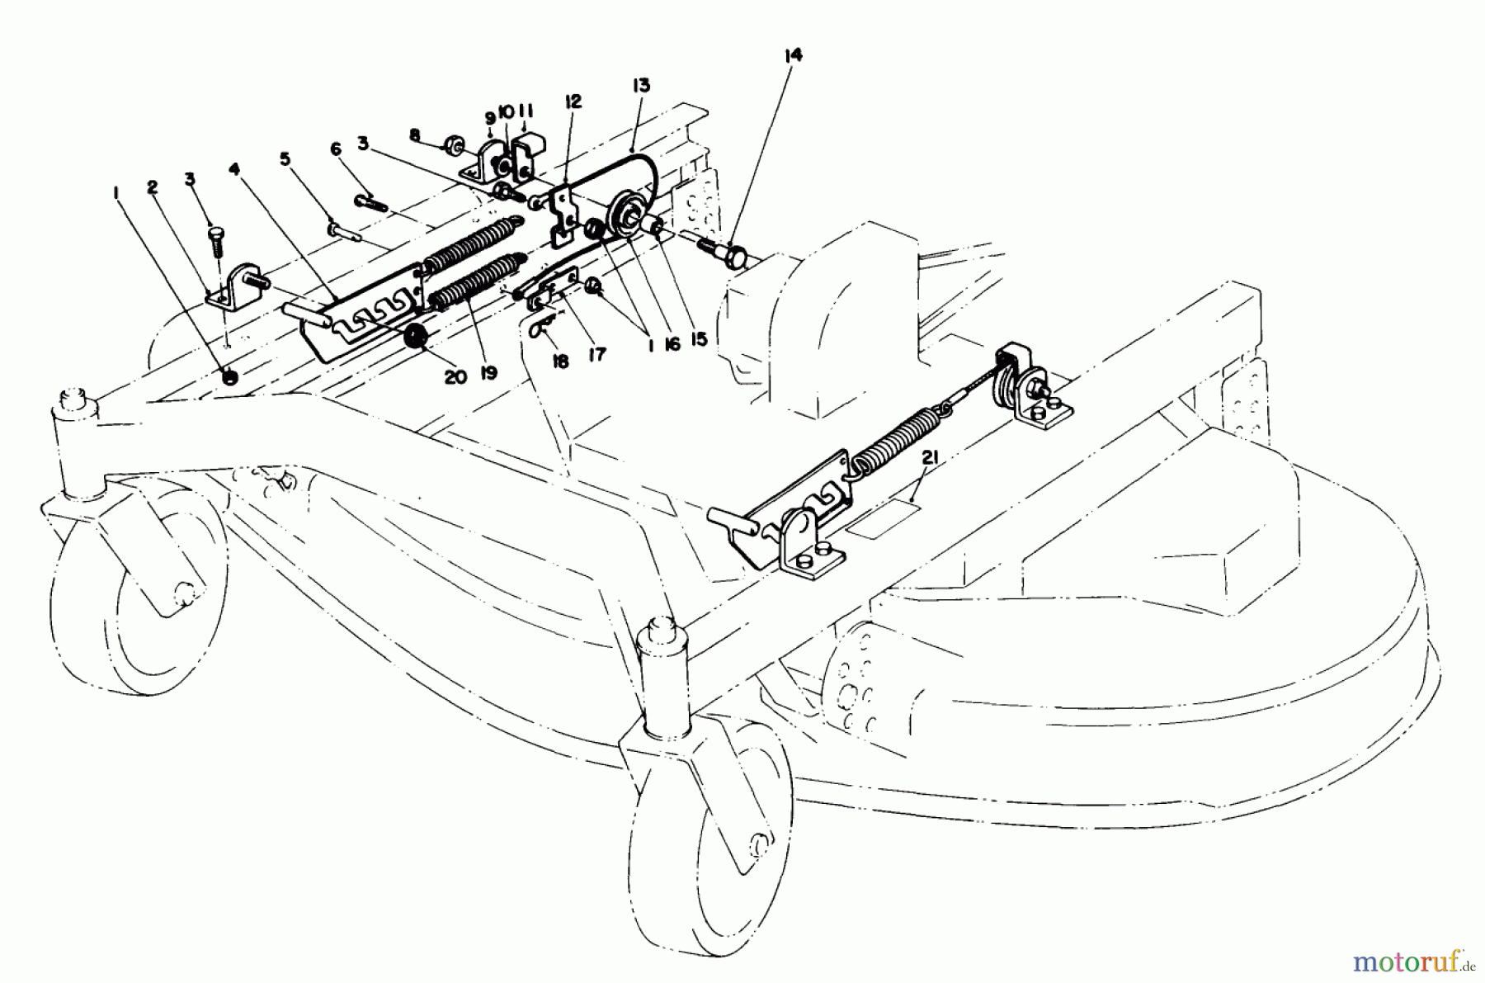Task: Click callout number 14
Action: click(x=792, y=55)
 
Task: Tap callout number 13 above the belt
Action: click(x=641, y=85)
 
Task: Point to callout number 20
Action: click(x=455, y=376)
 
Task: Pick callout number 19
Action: click(x=488, y=372)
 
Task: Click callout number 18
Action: click(x=561, y=362)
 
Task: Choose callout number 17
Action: click(x=597, y=354)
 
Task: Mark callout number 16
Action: click(x=672, y=344)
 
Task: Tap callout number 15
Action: click(x=700, y=339)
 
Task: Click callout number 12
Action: click(x=573, y=102)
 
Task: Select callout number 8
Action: click(x=415, y=134)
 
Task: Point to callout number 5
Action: click(x=285, y=158)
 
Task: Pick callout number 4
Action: click(x=234, y=169)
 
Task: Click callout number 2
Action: click(x=153, y=187)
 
